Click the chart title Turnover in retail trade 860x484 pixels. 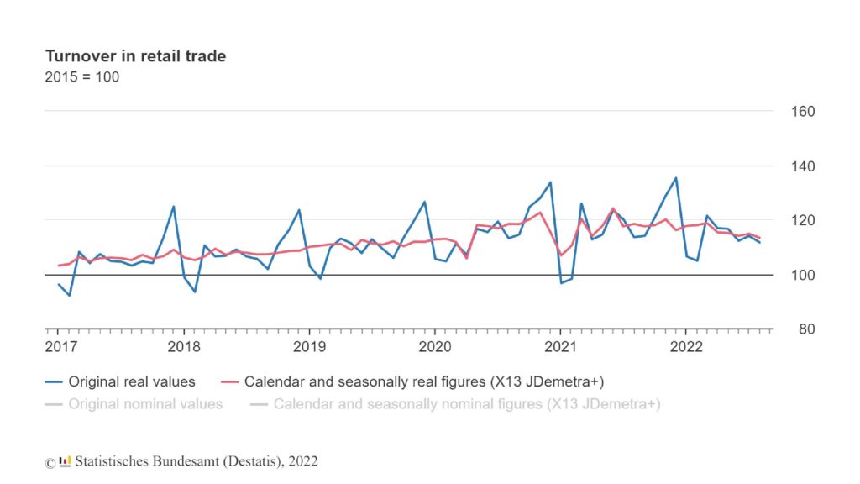[x=135, y=57]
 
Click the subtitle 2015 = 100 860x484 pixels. [x=81, y=77]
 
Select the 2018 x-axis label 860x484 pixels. [x=184, y=346]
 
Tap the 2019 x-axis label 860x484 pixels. [x=309, y=346]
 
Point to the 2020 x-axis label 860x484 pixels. [x=435, y=346]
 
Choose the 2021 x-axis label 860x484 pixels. [x=560, y=346]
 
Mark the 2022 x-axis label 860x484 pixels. [x=685, y=346]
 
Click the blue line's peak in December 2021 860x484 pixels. [x=676, y=178]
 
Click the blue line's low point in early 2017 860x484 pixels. [x=69, y=295]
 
